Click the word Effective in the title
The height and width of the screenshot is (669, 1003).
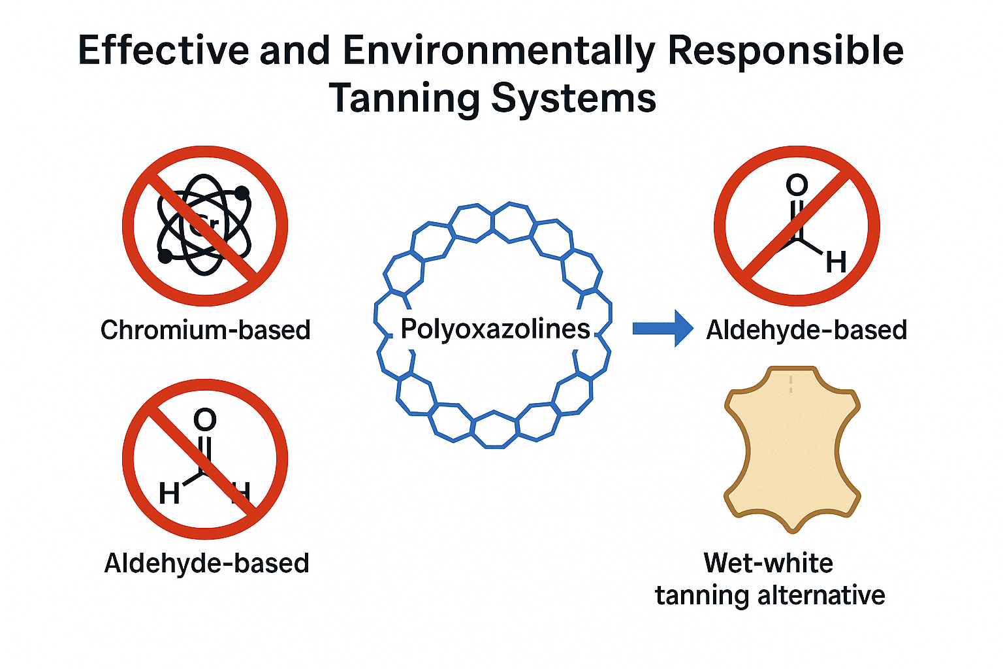(163, 50)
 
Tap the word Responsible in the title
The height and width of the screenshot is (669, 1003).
(786, 50)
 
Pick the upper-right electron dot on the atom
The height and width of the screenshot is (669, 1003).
(242, 193)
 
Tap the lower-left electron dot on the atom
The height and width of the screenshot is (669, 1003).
(165, 256)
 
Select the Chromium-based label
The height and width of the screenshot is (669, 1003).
(205, 330)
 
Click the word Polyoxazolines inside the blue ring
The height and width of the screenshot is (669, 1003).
(495, 329)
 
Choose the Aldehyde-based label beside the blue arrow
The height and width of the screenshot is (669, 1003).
(806, 330)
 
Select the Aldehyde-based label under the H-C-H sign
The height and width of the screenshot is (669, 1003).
(206, 563)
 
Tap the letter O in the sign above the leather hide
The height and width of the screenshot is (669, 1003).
(797, 185)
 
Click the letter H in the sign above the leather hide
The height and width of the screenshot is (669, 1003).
(836, 263)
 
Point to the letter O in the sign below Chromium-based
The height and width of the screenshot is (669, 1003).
(205, 419)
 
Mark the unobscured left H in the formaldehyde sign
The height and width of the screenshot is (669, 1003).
(169, 493)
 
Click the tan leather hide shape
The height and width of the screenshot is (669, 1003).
(792, 451)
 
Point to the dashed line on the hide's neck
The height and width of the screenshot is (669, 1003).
(791, 383)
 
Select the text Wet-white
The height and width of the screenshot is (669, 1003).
(768, 563)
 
